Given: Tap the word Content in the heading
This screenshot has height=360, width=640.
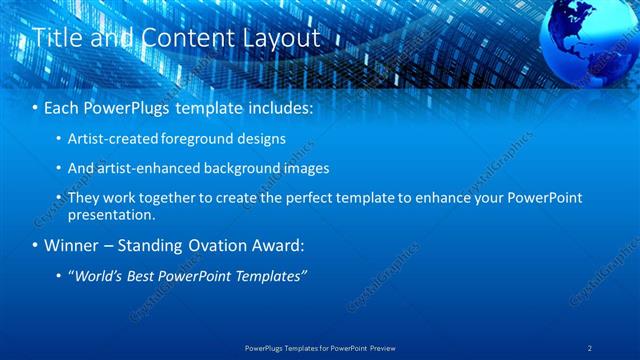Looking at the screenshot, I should click(x=176, y=38).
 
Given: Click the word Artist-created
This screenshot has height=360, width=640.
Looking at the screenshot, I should click(x=112, y=139).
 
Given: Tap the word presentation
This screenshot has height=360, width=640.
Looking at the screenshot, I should click(x=111, y=214).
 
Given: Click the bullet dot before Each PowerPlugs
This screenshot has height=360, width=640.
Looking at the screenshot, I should click(x=37, y=106).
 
